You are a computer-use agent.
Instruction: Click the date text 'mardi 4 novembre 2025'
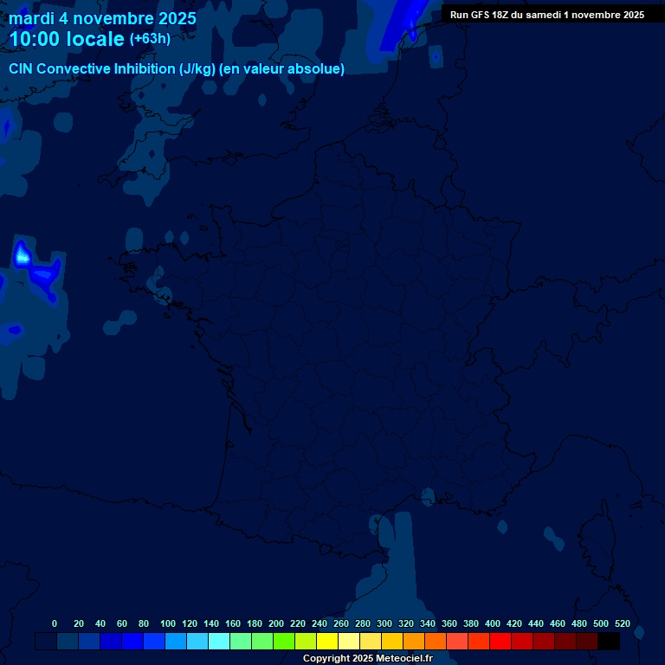coord(102,18)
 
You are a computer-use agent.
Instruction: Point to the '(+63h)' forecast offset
coord(150,39)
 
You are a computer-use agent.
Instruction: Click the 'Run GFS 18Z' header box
coord(546,15)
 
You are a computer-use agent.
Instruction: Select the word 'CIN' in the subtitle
coord(23,69)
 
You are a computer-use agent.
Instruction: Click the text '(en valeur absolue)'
coord(283,69)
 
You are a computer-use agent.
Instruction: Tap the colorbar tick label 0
coord(55,623)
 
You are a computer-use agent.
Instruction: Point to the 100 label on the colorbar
coord(168,623)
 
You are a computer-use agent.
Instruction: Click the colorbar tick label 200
coord(276,623)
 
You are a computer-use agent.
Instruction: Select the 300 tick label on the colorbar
coord(384,623)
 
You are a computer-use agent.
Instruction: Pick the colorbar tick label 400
coord(493,623)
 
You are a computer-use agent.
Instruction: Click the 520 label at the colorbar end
coord(622,623)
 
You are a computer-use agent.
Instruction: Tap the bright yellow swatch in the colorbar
coord(327,641)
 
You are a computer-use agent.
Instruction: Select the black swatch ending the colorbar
coord(609,641)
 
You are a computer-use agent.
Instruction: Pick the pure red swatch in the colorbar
coord(500,641)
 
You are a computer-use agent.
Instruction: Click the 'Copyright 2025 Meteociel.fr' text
coord(367,659)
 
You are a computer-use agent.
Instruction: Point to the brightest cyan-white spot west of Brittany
coord(22,255)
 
